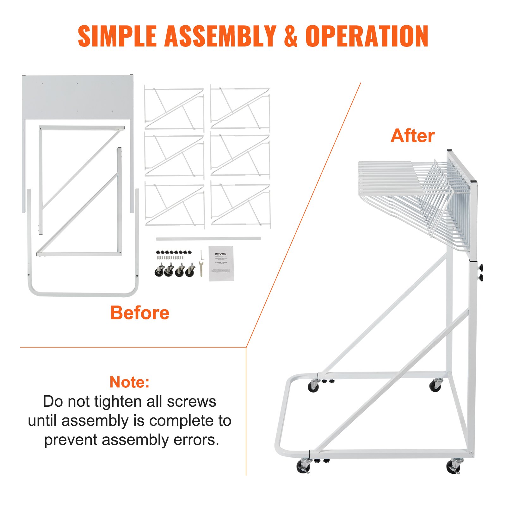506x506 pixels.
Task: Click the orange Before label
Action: click(140, 313)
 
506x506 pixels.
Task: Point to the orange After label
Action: click(412, 136)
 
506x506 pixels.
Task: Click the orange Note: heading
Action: click(129, 382)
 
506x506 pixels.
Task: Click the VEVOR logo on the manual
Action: click(221, 254)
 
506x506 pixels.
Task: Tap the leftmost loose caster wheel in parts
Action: click(159, 271)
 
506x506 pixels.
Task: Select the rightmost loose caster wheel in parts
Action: click(190, 271)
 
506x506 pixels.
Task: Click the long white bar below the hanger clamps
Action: click(208, 238)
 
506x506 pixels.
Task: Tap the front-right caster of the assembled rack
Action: click(454, 466)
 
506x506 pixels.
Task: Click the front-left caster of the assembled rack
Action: click(304, 466)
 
